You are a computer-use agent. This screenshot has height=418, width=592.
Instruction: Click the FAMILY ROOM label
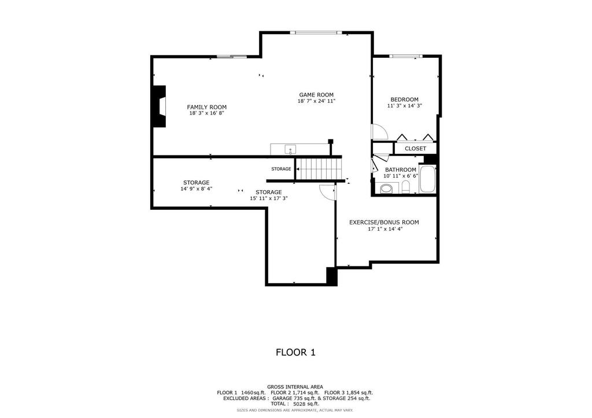click(x=206, y=107)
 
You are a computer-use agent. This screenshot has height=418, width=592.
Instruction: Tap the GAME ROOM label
click(x=316, y=95)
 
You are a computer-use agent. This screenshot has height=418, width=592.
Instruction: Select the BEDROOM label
click(x=404, y=99)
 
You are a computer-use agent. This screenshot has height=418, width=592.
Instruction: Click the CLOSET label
click(x=415, y=149)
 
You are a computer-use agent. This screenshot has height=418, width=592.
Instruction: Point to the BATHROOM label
click(x=401, y=170)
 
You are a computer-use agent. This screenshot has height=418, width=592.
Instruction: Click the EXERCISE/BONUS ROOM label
click(x=384, y=223)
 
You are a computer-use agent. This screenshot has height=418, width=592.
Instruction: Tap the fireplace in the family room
click(x=160, y=107)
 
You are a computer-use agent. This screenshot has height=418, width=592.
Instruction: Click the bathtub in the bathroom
click(x=428, y=179)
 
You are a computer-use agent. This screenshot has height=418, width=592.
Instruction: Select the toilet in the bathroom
click(x=406, y=187)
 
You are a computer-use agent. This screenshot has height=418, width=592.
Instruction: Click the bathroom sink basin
click(x=386, y=188)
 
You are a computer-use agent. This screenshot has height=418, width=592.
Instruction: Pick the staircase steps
click(x=319, y=169)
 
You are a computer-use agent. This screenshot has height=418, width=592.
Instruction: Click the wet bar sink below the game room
click(x=290, y=150)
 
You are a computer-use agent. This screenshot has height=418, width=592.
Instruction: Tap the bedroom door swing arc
click(x=381, y=132)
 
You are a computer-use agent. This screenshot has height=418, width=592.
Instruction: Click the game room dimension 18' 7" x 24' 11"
click(x=316, y=101)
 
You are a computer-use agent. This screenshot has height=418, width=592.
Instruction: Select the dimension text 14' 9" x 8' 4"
click(x=197, y=189)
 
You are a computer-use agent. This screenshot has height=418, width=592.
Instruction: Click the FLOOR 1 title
click(x=295, y=352)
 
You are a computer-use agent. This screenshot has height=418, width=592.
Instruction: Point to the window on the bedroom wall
click(x=405, y=57)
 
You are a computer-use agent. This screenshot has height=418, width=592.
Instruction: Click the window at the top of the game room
click(x=316, y=33)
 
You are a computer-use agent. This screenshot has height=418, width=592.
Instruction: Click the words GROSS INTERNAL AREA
click(x=295, y=387)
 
